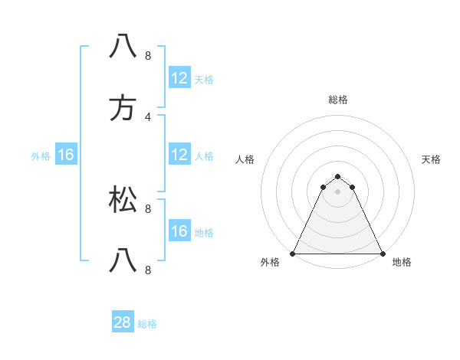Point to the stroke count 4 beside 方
tap(147, 116)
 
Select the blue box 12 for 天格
tap(179, 78)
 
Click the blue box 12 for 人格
tap(179, 155)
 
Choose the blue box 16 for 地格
tap(179, 231)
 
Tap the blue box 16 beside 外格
tap(66, 155)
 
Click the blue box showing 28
tap(123, 322)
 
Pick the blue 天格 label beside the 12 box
tap(204, 80)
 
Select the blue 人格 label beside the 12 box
tap(204, 156)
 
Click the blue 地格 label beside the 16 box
tap(204, 233)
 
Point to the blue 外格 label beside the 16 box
tap(41, 156)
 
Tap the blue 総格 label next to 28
tap(147, 324)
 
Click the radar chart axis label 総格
tap(338, 100)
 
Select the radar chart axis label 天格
tap(431, 159)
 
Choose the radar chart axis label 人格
tap(245, 159)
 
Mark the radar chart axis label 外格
tap(270, 263)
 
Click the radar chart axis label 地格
tap(402, 263)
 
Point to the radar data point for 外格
tap(293, 254)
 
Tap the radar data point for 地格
tap(383, 254)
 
